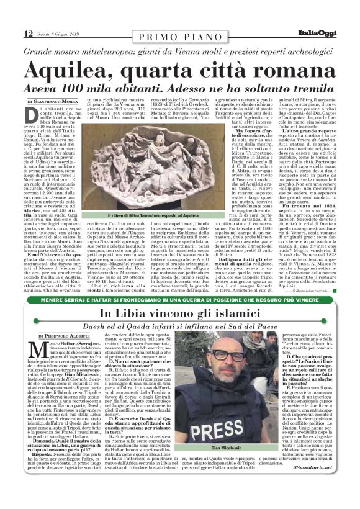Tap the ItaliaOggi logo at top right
pos(332,16)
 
